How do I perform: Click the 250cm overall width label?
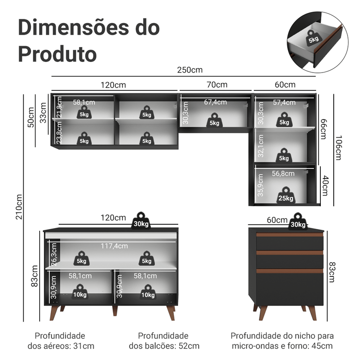(190, 70)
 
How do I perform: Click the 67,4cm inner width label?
(215, 102)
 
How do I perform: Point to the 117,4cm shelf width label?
(114, 246)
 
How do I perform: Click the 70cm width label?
(216, 84)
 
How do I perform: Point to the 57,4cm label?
(284, 102)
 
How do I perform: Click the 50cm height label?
(30, 117)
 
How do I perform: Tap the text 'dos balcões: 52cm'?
(164, 346)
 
